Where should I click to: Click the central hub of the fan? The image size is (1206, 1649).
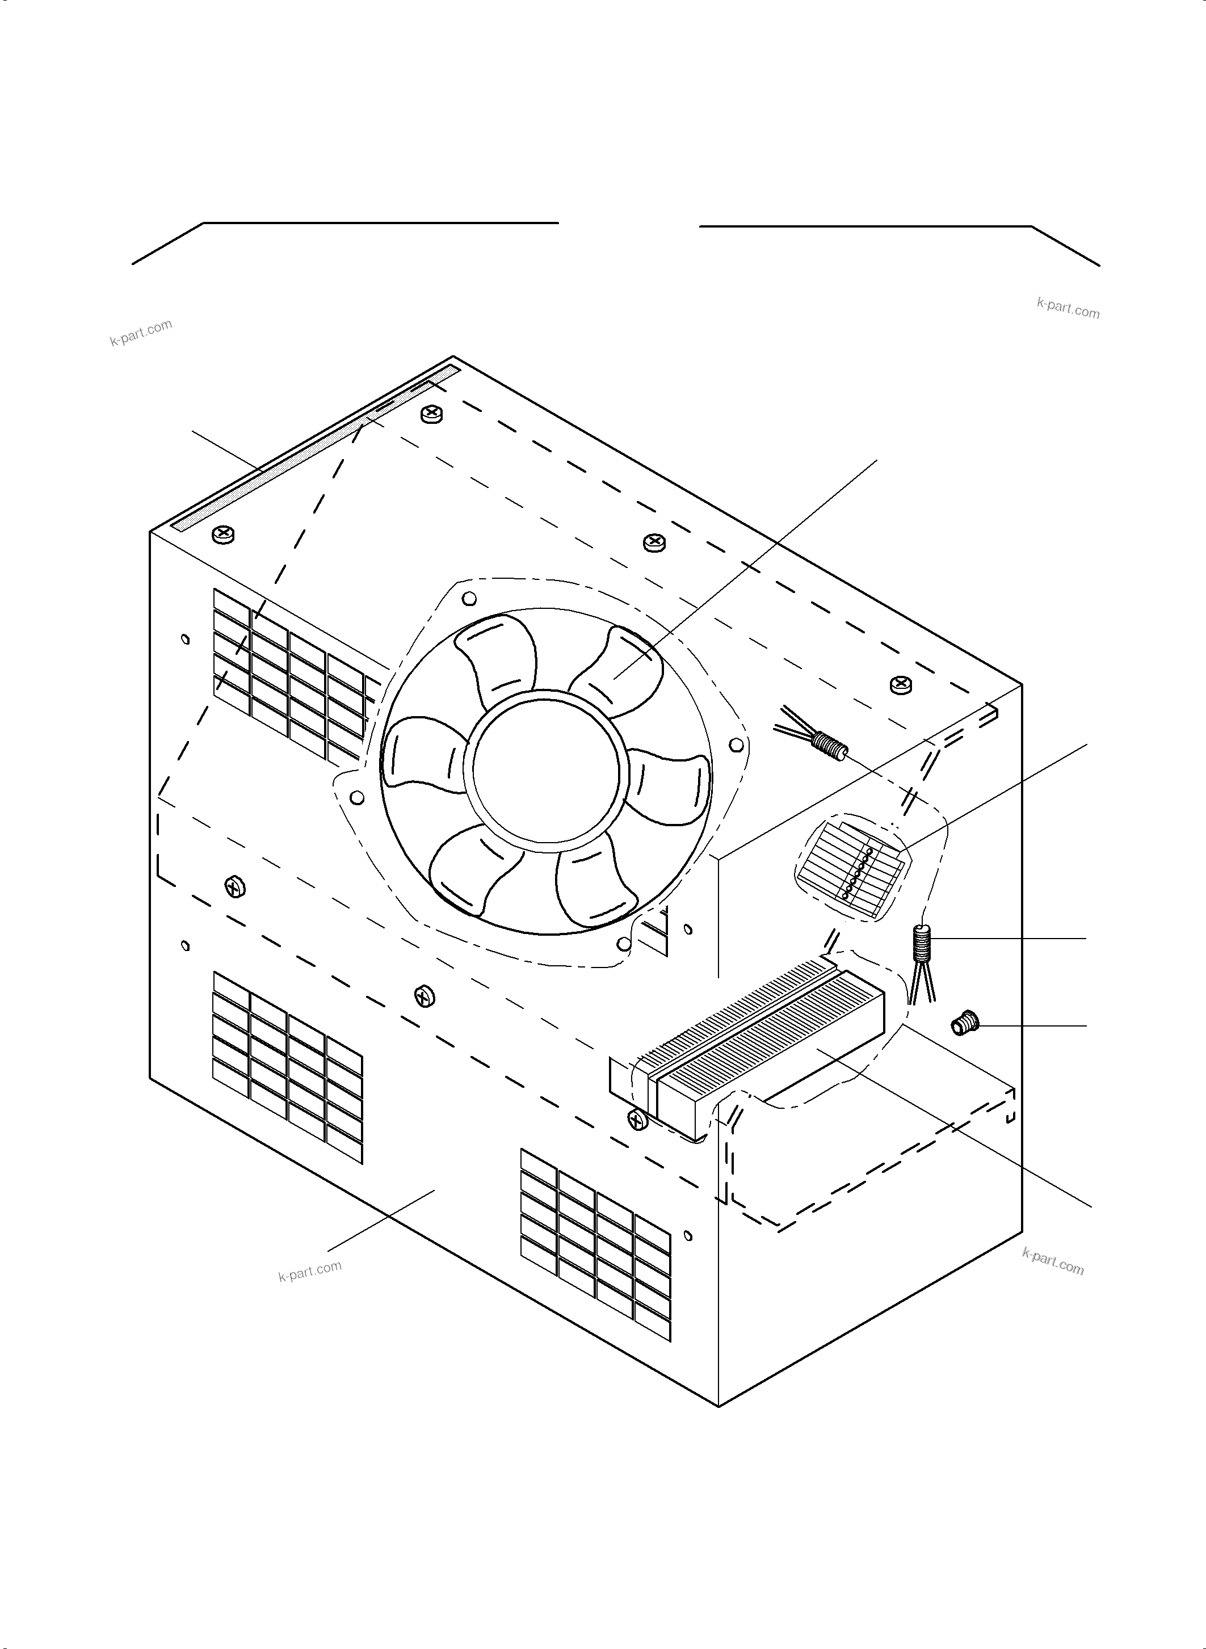point(545,769)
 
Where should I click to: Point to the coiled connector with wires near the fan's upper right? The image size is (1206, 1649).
point(826,745)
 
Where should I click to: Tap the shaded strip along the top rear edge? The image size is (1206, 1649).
point(314,449)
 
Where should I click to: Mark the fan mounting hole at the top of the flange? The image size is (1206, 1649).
point(470,599)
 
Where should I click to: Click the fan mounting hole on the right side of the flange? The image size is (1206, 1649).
point(737,744)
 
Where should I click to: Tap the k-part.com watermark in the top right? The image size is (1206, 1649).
point(1068,309)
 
